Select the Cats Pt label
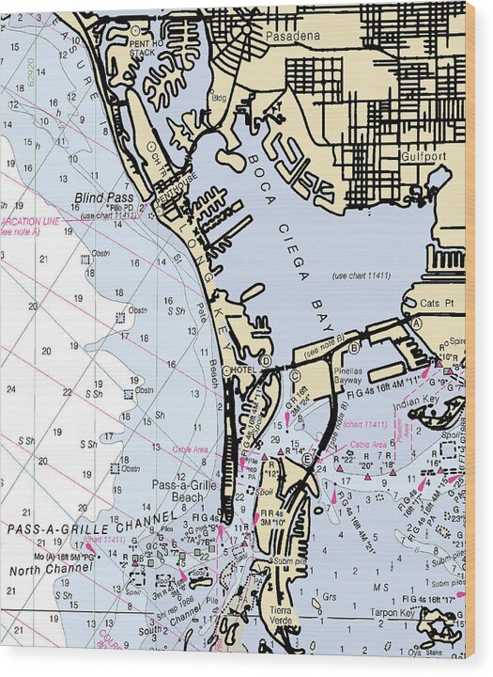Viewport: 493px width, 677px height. coord(437,304)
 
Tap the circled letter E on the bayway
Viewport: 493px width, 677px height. coord(307,459)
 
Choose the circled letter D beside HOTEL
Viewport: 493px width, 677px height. coord(266,360)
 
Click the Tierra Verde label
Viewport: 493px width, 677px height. coord(283,615)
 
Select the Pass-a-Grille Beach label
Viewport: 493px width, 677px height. coord(177,491)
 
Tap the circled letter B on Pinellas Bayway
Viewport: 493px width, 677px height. coord(354,348)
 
